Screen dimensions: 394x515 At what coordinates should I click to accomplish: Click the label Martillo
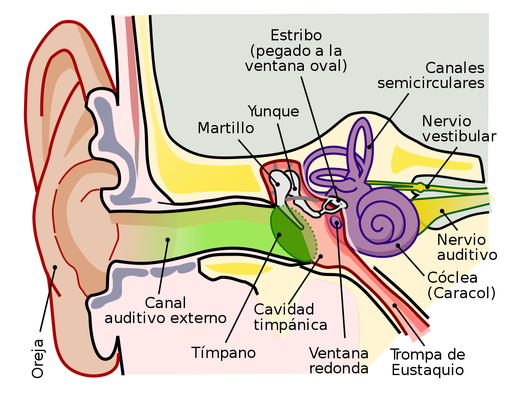click(225, 128)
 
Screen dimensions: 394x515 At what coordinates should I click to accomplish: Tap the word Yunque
click(273, 111)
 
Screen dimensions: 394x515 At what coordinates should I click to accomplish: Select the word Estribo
click(297, 35)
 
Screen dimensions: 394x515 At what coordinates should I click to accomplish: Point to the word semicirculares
click(430, 82)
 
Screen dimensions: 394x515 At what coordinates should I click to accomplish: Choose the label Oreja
click(38, 358)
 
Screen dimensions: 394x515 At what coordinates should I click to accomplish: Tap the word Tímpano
click(224, 352)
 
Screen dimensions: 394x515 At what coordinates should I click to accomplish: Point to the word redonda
click(339, 369)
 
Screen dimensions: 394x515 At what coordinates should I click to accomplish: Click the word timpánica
click(290, 325)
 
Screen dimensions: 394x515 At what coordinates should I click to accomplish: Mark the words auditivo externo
click(166, 318)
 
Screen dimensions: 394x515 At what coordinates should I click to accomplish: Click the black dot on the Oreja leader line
click(55, 267)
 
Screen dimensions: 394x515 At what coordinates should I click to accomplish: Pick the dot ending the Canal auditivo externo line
click(167, 239)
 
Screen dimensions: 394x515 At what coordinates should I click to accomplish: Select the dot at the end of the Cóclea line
click(398, 246)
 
